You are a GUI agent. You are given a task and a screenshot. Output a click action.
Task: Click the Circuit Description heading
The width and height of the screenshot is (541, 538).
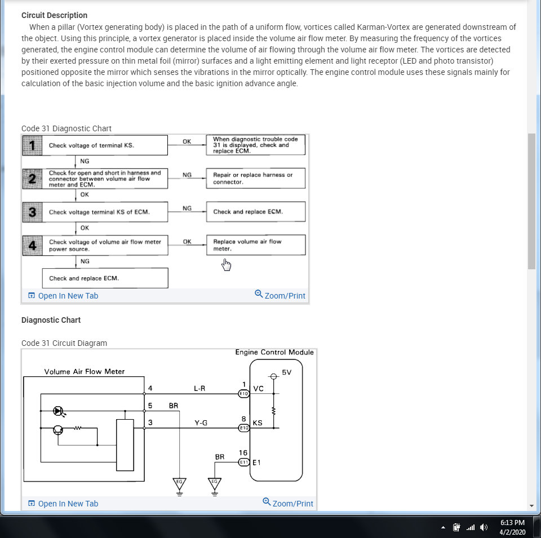pyautogui.click(x=54, y=15)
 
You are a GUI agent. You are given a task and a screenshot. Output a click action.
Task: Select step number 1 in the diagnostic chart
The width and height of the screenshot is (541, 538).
pyautogui.click(x=32, y=145)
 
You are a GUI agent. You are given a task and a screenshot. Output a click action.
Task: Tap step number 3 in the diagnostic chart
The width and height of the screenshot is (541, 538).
pyautogui.click(x=32, y=212)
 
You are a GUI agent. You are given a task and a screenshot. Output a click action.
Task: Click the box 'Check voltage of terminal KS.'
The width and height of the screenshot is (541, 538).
pyautogui.click(x=95, y=145)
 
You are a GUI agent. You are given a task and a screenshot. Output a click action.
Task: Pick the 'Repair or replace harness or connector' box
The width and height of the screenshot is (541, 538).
pyautogui.click(x=255, y=179)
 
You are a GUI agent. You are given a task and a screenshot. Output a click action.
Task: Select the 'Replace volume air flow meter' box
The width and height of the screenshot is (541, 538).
pyautogui.click(x=255, y=245)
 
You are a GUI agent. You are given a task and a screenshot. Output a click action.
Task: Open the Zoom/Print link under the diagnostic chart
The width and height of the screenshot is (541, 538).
pyautogui.click(x=280, y=295)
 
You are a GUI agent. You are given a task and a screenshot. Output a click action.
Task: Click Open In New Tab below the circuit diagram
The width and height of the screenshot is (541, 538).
pyautogui.click(x=63, y=504)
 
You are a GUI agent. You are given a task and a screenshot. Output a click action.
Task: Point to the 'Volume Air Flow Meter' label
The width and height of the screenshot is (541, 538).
pyautogui.click(x=85, y=371)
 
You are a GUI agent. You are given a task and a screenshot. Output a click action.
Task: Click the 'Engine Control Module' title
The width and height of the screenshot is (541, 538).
pyautogui.click(x=274, y=352)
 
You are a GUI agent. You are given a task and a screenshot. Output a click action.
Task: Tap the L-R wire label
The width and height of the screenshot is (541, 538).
pyautogui.click(x=199, y=389)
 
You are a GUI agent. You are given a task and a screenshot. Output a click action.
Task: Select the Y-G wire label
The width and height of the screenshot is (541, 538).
pyautogui.click(x=201, y=423)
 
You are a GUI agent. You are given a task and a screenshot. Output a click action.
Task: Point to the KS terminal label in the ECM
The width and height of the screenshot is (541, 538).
pyautogui.click(x=258, y=423)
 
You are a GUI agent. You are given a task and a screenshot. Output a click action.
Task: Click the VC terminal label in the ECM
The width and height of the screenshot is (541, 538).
pyautogui.click(x=258, y=389)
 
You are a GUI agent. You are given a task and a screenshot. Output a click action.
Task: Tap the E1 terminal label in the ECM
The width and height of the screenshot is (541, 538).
pyautogui.click(x=257, y=463)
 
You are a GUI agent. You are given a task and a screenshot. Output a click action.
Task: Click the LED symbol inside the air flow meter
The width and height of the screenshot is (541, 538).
pyautogui.click(x=57, y=411)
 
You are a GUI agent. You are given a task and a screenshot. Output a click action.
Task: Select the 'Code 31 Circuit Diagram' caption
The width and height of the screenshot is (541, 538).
pyautogui.click(x=64, y=343)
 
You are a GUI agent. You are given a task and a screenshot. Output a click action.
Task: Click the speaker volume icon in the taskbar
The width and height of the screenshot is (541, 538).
pyautogui.click(x=483, y=527)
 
